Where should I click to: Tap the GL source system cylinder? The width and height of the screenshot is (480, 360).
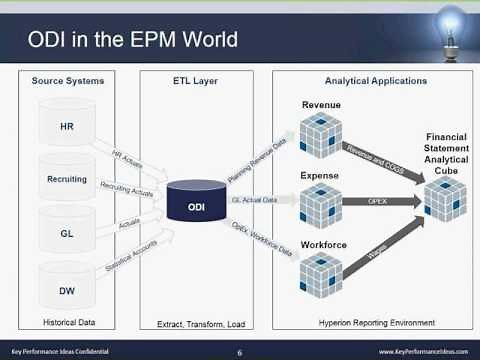[x=67, y=232]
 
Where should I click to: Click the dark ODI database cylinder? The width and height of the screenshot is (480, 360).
[x=196, y=205]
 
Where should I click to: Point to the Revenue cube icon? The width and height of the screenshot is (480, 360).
[x=321, y=137]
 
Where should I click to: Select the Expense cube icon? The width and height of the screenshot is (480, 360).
[x=321, y=206]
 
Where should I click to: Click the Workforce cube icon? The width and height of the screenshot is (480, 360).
[x=321, y=273]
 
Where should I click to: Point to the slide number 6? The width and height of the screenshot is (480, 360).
[x=240, y=352]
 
